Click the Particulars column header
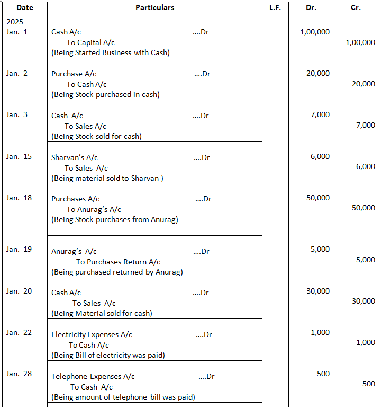154,8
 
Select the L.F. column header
275,8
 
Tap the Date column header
24,8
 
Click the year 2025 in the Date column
15,23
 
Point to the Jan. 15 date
19,156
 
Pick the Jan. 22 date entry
19,332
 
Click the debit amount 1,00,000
314,32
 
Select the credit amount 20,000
363,84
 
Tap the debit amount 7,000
320,114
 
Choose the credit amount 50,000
363,208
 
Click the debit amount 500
323,374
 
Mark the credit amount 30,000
363,301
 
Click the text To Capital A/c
90,42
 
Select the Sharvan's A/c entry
75,157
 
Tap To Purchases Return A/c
118,262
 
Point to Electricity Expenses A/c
92,334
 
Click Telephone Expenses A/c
93,376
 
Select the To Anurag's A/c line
94,209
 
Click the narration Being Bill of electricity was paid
108,355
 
